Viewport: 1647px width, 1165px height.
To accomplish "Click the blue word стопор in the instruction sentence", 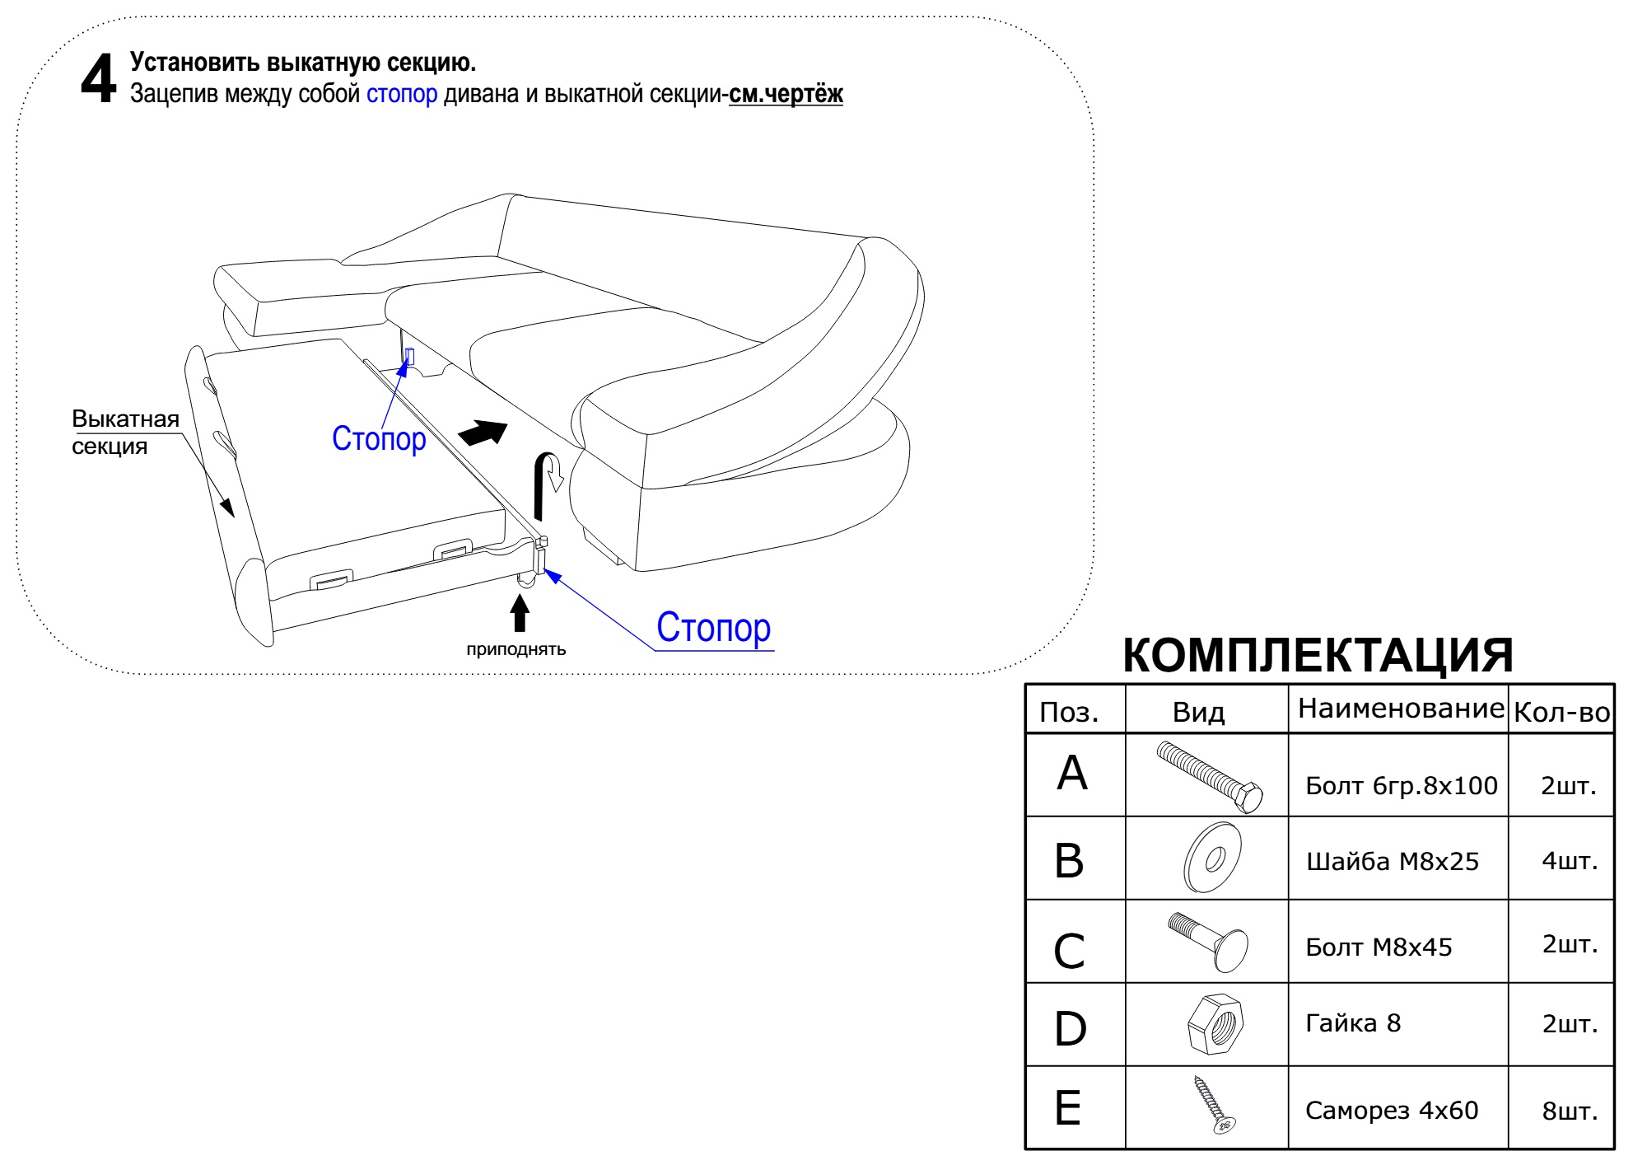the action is (x=402, y=94).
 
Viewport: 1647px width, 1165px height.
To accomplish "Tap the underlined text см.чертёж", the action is (x=786, y=94).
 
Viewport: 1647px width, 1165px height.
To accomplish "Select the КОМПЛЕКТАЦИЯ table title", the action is (x=1318, y=655).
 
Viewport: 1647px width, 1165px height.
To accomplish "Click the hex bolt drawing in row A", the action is (x=1209, y=776).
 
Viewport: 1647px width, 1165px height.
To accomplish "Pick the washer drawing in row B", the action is (x=1212, y=857).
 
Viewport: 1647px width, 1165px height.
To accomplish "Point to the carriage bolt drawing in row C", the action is (x=1208, y=942).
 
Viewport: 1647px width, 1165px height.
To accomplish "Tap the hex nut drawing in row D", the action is (x=1215, y=1024).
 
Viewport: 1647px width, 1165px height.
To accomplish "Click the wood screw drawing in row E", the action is (x=1215, y=1104).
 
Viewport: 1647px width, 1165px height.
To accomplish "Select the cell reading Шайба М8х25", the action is (x=1393, y=862).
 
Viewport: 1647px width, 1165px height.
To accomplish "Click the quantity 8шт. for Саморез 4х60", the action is (x=1570, y=1111).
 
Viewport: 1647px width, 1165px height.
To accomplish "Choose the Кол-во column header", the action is (x=1561, y=712).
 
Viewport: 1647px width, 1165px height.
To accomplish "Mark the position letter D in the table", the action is (x=1071, y=1029).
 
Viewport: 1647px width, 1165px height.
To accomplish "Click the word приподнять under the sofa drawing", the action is (x=516, y=649).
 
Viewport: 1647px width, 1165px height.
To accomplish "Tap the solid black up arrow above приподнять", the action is (x=519, y=613).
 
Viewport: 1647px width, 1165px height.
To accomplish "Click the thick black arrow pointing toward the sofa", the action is (x=483, y=433).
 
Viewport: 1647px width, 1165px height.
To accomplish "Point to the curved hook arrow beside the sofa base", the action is (x=547, y=482).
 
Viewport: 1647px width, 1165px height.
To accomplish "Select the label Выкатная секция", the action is (x=125, y=433).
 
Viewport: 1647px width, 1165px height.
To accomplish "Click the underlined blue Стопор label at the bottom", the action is (x=714, y=628).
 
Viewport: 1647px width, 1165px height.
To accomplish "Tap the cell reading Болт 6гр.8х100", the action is (x=1402, y=785).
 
